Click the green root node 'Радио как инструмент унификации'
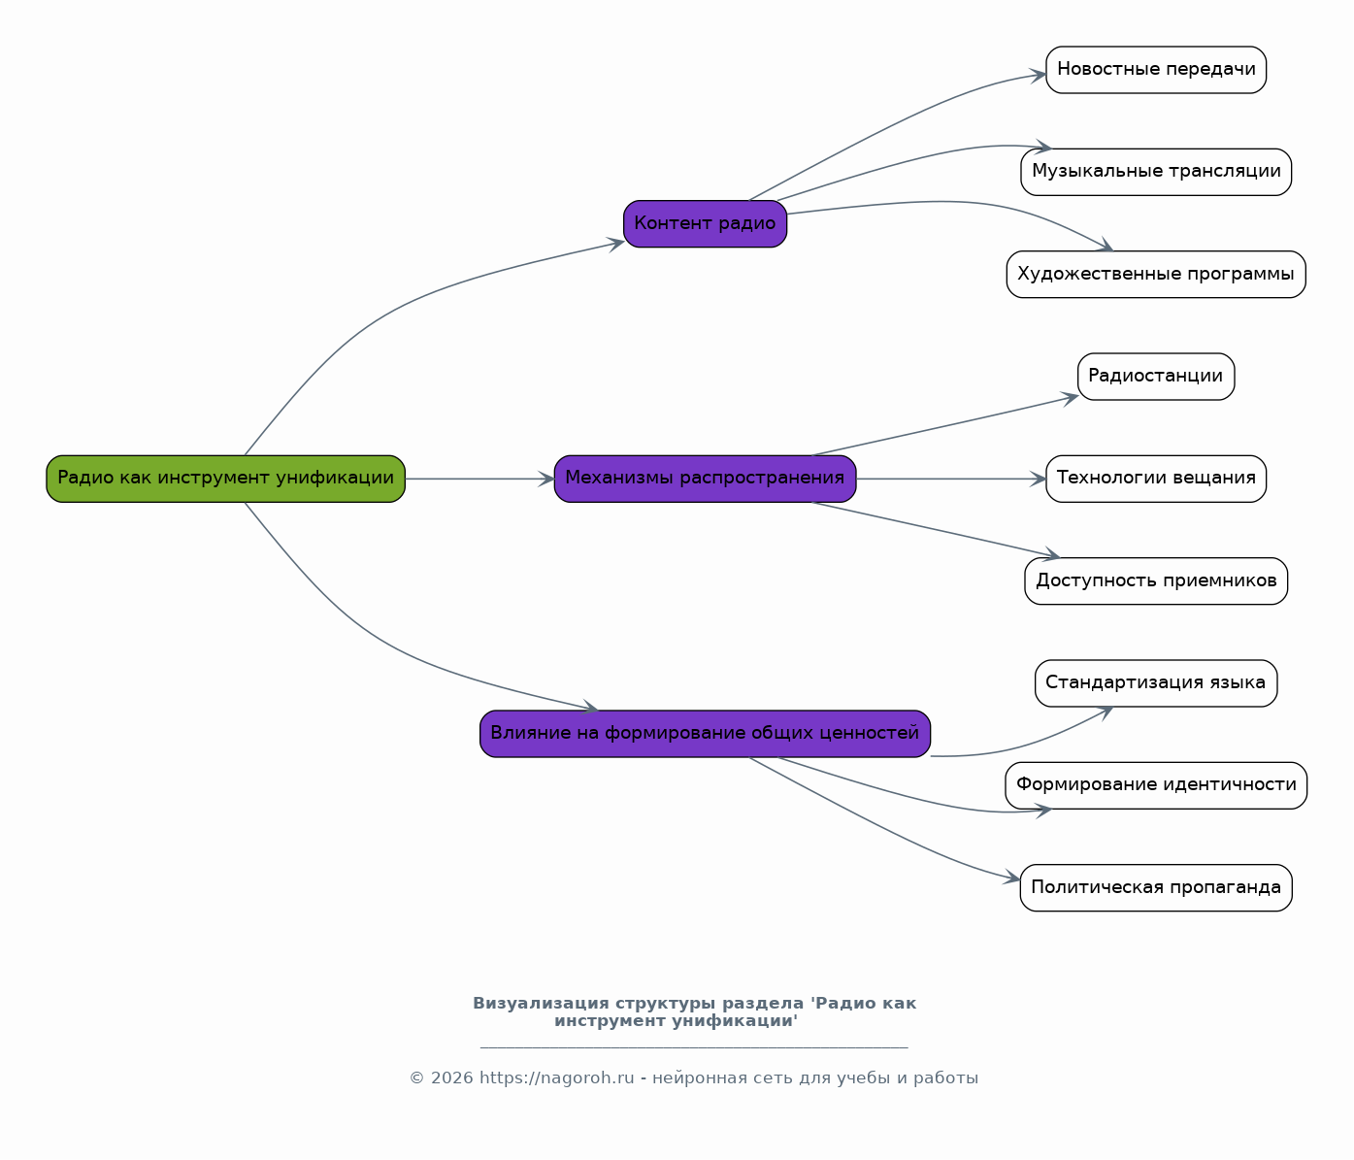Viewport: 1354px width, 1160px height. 226,479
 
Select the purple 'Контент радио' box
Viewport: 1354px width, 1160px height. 705,224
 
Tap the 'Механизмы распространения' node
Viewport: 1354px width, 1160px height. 705,479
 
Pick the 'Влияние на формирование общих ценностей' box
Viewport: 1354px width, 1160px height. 705,734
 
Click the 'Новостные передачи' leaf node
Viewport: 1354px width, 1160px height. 1156,70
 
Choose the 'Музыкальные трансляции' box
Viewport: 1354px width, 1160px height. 1156,172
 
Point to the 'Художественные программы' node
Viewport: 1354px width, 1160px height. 1156,275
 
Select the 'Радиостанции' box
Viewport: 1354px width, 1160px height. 1156,377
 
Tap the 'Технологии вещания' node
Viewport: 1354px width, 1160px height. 1156,479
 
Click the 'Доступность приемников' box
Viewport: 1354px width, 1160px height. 1156,581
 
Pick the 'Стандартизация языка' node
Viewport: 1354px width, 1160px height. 1156,683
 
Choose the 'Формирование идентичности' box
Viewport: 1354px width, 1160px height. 1156,785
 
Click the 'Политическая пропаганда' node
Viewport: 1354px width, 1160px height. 1156,887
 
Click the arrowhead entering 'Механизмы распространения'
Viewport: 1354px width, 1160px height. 547,479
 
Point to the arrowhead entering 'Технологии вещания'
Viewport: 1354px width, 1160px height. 1039,479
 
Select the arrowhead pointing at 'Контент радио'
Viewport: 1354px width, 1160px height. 616,245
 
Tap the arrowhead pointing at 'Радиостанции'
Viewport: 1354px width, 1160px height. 1071,398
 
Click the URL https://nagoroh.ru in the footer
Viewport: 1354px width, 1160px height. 557,1078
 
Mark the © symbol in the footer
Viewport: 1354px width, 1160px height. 417,1078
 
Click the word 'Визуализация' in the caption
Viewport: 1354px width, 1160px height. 541,1004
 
